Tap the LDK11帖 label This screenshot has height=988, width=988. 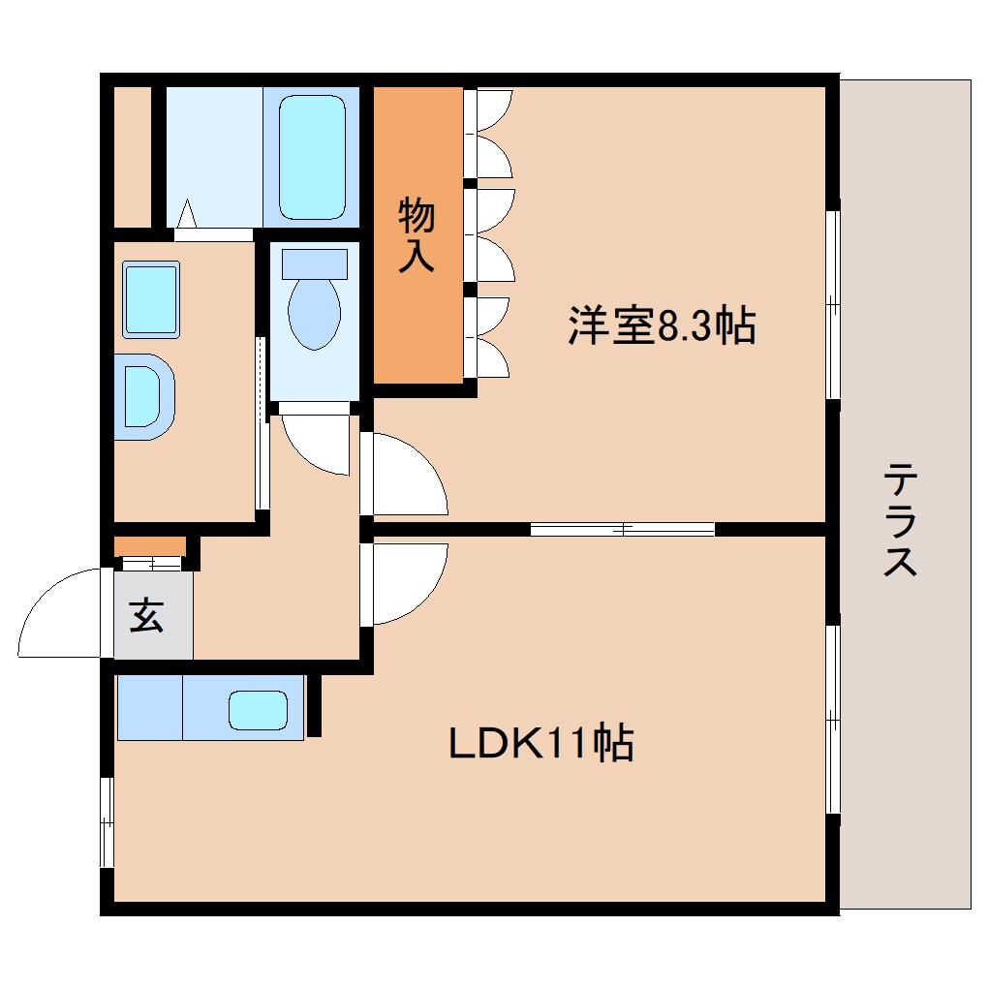click(540, 743)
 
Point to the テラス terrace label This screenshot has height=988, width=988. click(901, 520)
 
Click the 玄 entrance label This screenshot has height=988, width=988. click(146, 616)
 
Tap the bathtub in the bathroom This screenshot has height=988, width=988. click(312, 156)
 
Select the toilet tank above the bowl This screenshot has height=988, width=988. click(314, 263)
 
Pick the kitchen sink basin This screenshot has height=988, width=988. click(258, 710)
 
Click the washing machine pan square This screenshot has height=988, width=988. click(150, 299)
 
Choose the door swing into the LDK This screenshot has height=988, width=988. click(407, 581)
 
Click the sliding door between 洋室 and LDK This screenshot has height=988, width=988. click(622, 529)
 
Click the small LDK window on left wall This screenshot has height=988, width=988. click(107, 822)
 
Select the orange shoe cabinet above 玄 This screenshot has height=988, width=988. click(149, 546)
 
